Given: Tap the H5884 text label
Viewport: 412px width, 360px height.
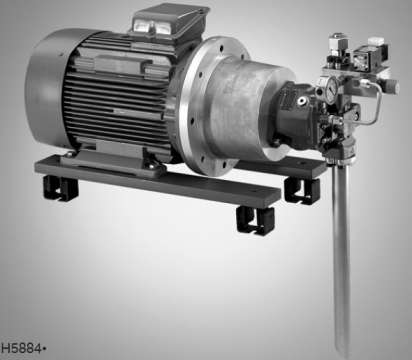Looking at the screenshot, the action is pos(22,348).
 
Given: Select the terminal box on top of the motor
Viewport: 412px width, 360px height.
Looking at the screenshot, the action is pos(168,20).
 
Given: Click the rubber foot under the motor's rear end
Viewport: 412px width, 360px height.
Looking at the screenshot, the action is pos(60,188).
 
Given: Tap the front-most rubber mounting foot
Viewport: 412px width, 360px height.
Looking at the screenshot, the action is pos(255,220).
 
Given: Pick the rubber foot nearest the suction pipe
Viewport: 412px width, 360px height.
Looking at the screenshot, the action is pos(302,191).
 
